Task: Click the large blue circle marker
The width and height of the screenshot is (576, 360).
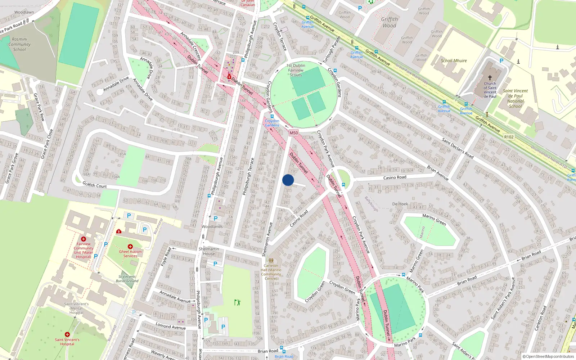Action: (x=288, y=180)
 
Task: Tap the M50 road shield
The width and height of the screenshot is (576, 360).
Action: (x=294, y=133)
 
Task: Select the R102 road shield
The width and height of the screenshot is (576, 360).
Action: (x=509, y=137)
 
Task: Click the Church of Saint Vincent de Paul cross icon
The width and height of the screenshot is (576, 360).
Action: (x=490, y=78)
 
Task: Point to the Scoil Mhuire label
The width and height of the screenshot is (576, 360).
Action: (x=454, y=60)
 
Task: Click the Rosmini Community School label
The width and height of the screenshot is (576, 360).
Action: (x=19, y=44)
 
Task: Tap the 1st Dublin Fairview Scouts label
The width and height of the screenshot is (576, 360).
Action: (x=296, y=70)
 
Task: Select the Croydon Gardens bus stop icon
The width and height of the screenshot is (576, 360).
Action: (x=272, y=116)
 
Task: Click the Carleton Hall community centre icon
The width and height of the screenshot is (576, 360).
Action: (x=271, y=261)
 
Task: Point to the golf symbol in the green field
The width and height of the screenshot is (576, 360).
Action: (x=237, y=302)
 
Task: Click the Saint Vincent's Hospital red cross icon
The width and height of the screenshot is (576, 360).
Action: (x=67, y=334)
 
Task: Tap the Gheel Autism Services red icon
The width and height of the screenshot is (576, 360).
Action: (x=130, y=247)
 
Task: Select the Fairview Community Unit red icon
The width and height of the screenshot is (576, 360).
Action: (x=84, y=239)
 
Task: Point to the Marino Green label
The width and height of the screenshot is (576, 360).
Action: (x=434, y=220)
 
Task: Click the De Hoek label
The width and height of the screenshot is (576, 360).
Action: (x=400, y=204)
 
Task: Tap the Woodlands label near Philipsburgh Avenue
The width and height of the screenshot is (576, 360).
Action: (x=212, y=226)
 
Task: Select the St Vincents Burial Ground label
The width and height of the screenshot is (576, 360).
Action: (x=127, y=279)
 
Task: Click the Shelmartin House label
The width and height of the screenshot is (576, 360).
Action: (x=209, y=251)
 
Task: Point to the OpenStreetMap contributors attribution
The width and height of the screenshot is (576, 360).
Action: (x=548, y=356)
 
